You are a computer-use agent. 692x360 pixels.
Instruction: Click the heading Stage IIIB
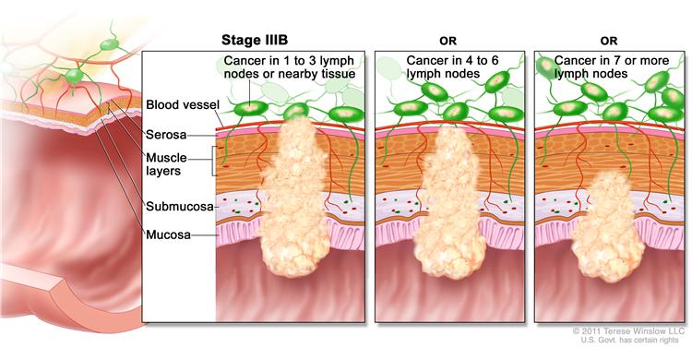point(255,41)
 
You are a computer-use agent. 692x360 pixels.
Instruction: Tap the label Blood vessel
point(183,104)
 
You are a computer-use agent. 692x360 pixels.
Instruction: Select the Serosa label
point(166,135)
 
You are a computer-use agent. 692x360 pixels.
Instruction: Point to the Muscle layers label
point(166,164)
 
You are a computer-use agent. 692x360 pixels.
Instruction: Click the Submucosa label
point(180,206)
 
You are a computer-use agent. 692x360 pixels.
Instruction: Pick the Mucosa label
point(168,234)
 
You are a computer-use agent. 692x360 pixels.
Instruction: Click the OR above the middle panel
point(447,42)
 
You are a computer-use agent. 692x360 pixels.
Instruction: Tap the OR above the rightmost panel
point(608,42)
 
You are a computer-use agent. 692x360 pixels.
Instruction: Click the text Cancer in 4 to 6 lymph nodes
point(452,66)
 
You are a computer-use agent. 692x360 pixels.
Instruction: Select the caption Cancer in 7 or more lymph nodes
point(612,66)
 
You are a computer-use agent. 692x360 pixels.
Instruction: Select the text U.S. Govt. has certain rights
point(629,340)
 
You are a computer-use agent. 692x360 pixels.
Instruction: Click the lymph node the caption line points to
point(250,108)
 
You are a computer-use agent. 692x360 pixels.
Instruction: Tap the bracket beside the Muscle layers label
point(214,162)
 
